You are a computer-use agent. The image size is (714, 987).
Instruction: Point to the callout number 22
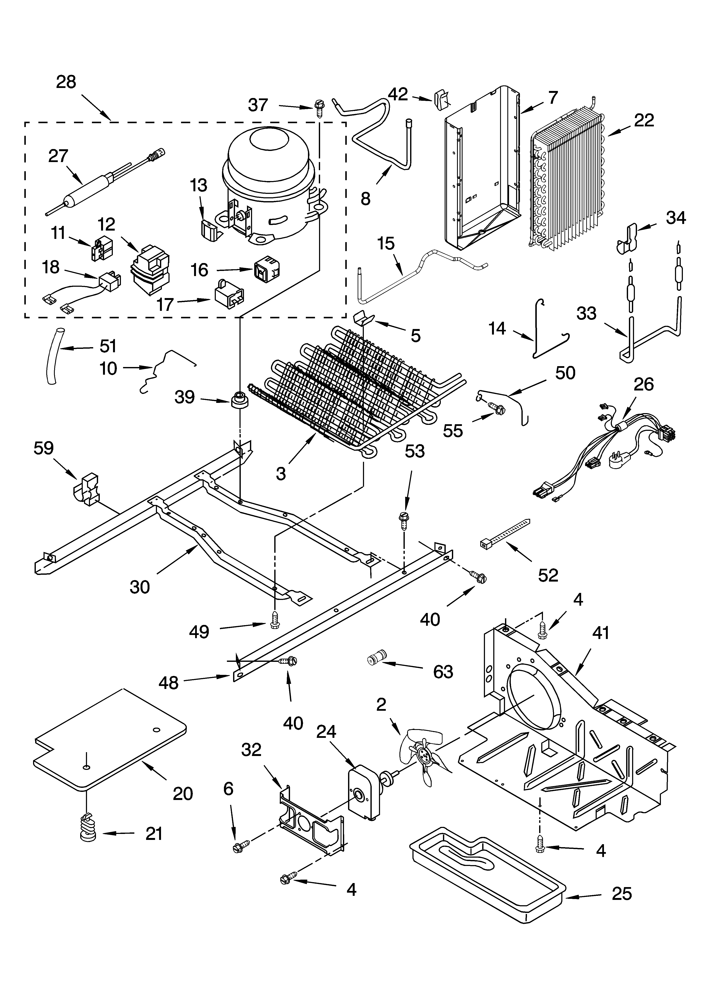(x=644, y=121)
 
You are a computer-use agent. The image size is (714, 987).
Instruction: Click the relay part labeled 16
(x=266, y=270)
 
